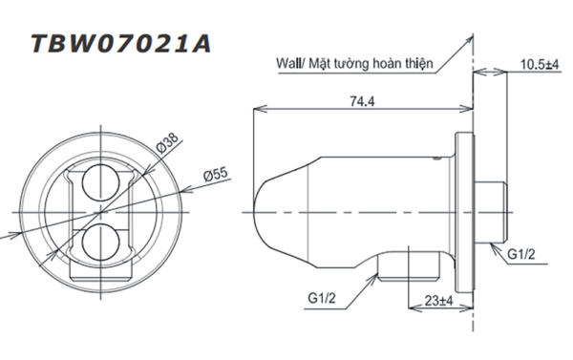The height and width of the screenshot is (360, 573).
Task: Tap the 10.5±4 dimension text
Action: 539,64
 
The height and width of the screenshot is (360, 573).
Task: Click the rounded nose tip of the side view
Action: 261,200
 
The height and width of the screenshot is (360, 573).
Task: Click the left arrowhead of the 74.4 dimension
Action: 257,108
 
